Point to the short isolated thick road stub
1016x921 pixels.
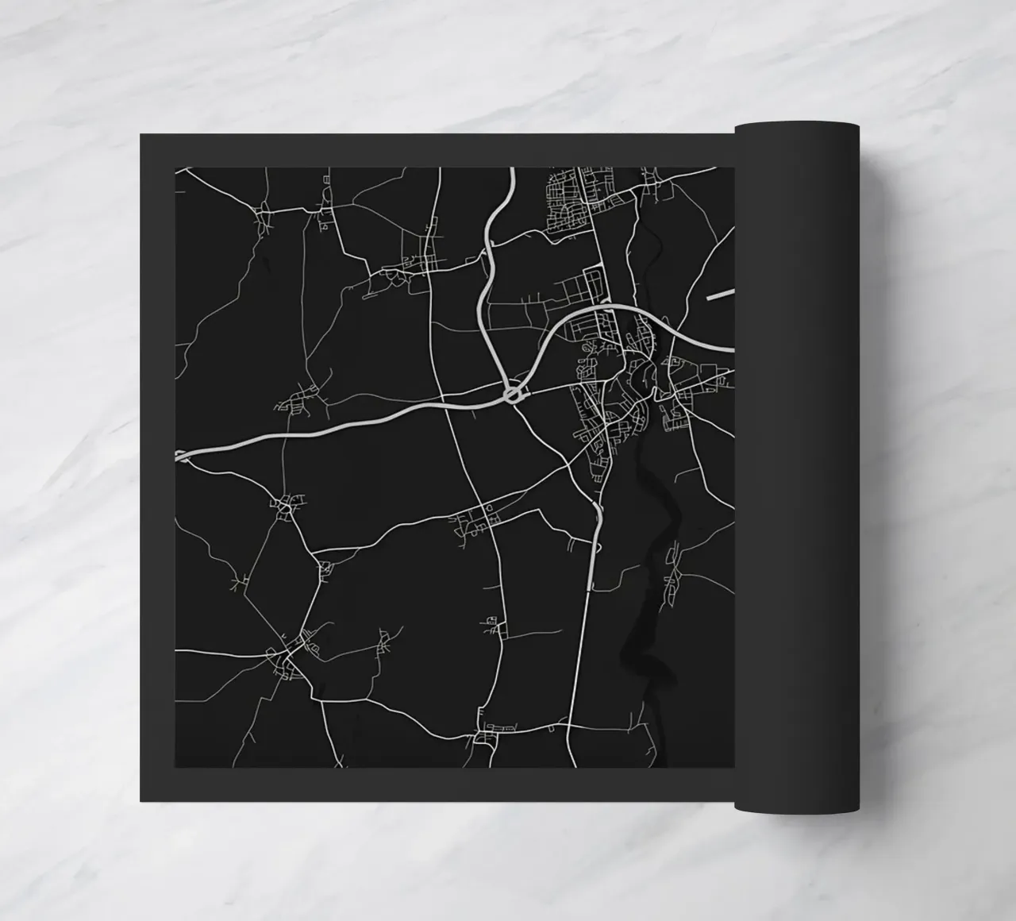point(720,295)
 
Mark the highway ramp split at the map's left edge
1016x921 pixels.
point(182,456)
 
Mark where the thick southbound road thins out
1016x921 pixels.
point(589,588)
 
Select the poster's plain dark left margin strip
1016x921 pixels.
point(157,468)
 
